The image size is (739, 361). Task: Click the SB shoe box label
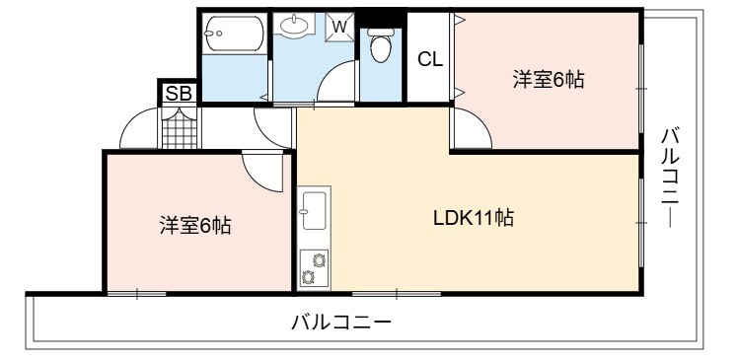(180, 94)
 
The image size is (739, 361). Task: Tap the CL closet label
(431, 60)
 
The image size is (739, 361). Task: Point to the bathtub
(234, 33)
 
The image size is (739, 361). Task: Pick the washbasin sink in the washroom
(295, 25)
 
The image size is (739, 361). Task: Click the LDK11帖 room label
(474, 218)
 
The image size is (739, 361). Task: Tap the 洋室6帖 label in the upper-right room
(549, 79)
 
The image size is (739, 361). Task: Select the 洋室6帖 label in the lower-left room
(195, 225)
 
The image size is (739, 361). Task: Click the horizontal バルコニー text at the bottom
(341, 323)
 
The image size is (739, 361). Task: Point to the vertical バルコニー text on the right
(670, 178)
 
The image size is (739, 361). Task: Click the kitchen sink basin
(314, 210)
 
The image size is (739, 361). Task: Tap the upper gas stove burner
(320, 259)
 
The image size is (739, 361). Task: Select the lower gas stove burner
(308, 277)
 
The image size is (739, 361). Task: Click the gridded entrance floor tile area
(180, 127)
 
